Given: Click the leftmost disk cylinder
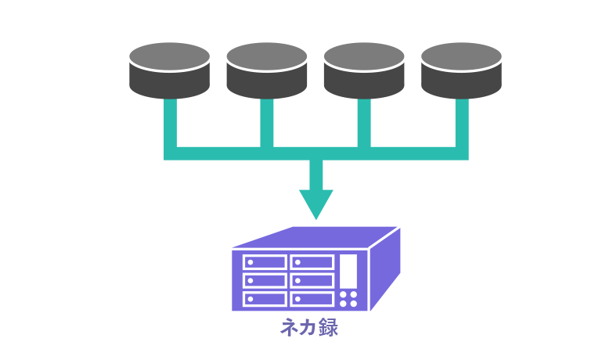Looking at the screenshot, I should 169,70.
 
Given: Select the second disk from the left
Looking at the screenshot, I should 266,70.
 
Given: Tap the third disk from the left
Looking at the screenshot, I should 363,70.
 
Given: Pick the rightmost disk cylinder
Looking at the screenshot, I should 460,70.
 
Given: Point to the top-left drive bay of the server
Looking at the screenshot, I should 265,262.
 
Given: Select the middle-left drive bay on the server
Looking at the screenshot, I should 265,280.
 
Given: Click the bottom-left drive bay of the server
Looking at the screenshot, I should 265,298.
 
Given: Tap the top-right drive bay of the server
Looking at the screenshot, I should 312,262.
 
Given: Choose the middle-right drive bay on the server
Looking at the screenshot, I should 312,280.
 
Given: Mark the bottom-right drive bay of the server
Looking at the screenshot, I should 312,298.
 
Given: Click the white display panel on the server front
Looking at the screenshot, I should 348,270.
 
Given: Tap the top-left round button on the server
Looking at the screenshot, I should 344,294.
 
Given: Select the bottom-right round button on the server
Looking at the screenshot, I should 353,303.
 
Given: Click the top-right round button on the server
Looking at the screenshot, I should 353,294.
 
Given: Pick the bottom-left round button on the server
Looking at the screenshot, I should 344,303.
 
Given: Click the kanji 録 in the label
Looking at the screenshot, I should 329,327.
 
